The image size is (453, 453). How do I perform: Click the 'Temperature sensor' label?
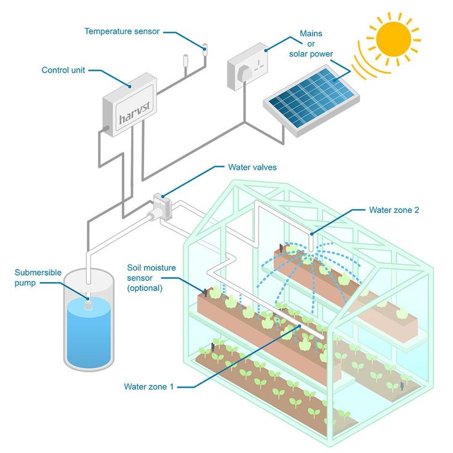tap(122, 31)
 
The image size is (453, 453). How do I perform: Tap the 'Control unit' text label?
tap(63, 70)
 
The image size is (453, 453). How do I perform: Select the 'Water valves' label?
tap(252, 167)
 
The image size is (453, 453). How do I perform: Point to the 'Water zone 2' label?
tap(394, 210)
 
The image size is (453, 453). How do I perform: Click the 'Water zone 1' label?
tap(149, 387)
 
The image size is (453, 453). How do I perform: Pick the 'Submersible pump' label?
tap(34, 277)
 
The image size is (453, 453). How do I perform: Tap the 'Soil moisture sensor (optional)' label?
tap(151, 278)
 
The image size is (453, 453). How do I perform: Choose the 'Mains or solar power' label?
tap(311, 43)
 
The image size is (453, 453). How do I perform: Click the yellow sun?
tap(393, 38)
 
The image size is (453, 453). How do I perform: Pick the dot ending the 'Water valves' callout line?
tap(163, 196)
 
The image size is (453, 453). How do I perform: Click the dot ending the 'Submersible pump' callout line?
tap(87, 299)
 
